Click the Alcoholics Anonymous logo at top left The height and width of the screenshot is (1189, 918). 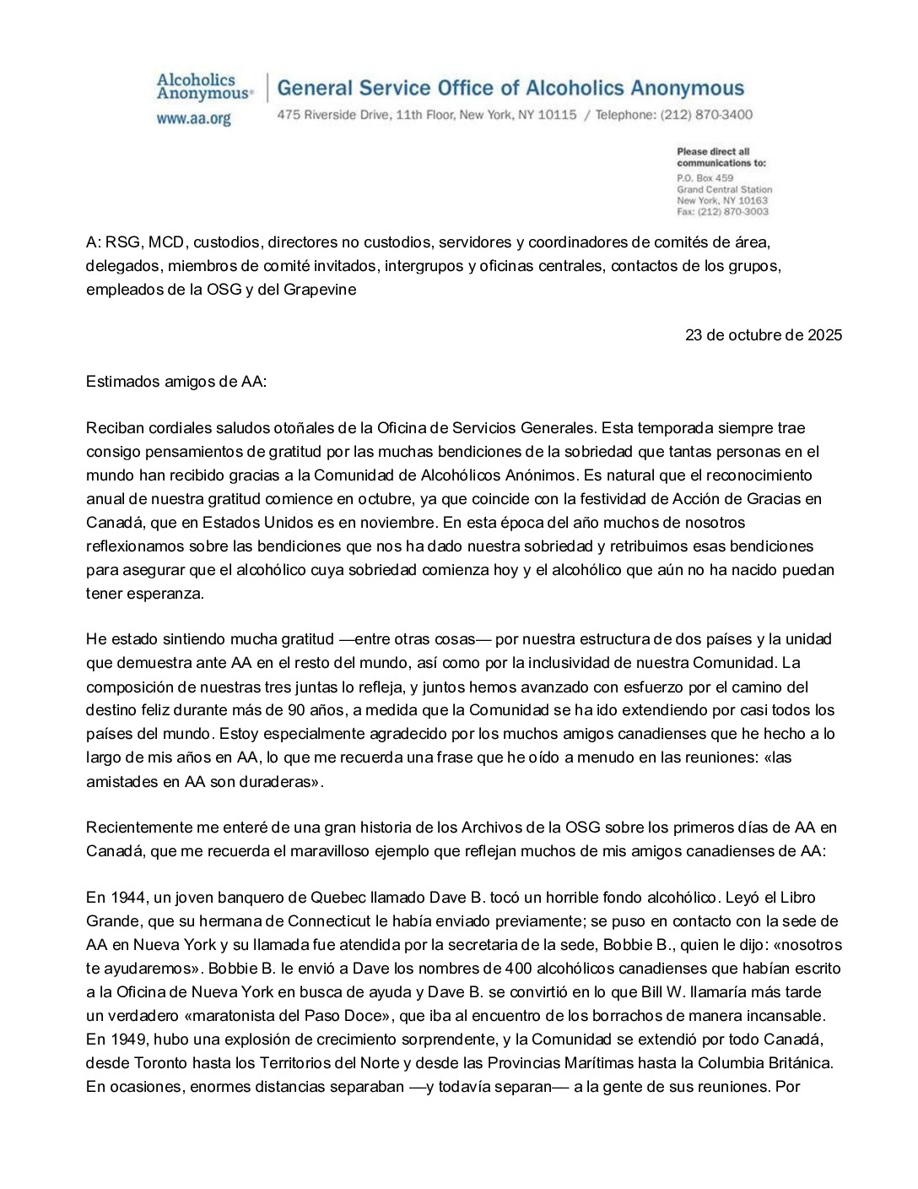[203, 87]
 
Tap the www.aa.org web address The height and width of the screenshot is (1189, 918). [193, 119]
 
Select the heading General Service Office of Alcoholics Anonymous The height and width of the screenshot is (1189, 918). [510, 89]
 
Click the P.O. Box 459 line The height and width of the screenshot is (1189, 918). [705, 178]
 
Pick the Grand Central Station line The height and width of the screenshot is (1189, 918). [724, 189]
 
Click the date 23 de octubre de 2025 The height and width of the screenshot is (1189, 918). [763, 335]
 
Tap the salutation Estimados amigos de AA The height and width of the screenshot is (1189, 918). [175, 382]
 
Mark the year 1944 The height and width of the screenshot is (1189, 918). [126, 898]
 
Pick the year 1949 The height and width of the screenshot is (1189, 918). [126, 1040]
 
